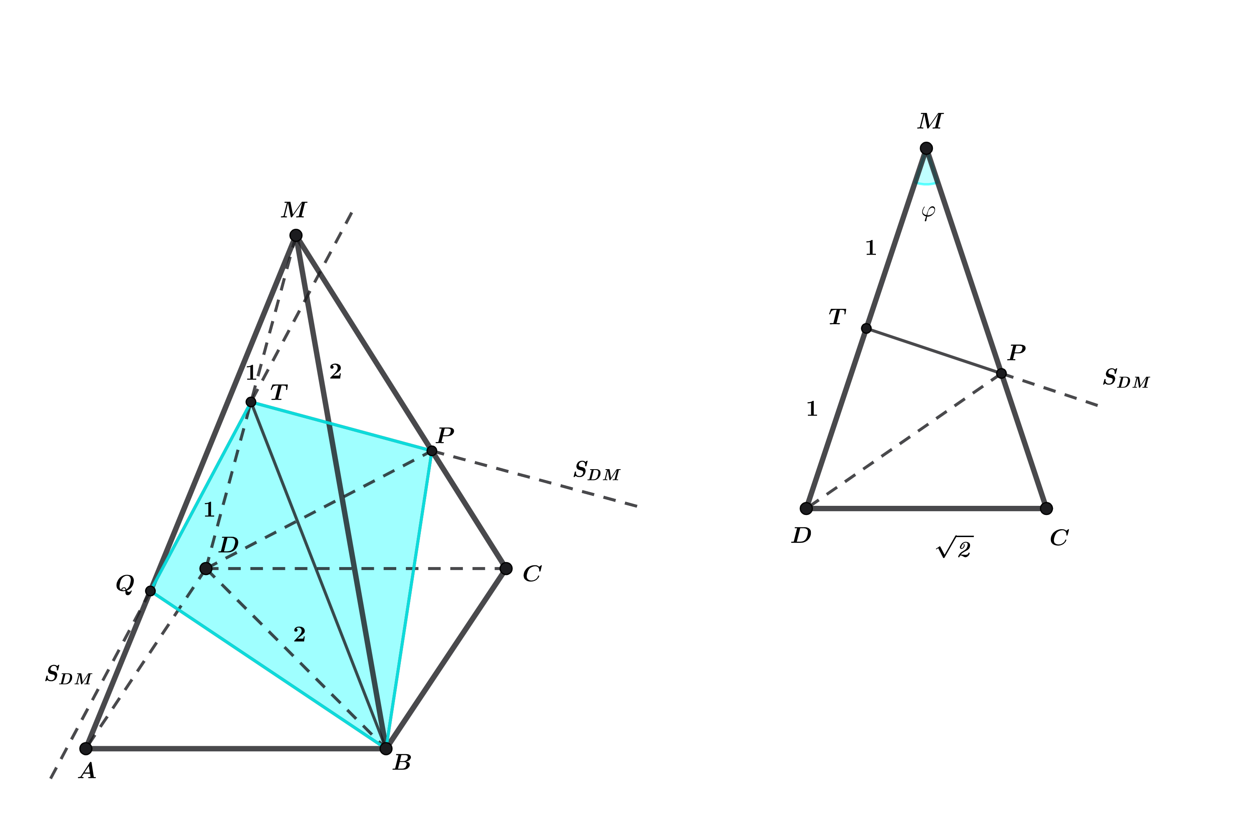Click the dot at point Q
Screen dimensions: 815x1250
tap(150, 591)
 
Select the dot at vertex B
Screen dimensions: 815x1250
tap(385, 748)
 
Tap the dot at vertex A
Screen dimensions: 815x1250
tap(85, 748)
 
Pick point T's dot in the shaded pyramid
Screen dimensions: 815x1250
tap(251, 402)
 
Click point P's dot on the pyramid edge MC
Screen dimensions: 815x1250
tap(432, 450)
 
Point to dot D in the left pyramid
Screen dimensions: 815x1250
tap(206, 568)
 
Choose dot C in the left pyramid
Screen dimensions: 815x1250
tap(506, 568)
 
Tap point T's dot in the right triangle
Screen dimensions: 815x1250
tap(866, 328)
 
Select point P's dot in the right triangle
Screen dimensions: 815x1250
tap(1001, 373)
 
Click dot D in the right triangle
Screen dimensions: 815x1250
tap(806, 508)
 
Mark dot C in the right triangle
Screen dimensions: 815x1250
tap(1046, 508)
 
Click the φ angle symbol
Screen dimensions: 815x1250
tap(928, 212)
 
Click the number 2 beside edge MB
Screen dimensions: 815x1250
tap(335, 372)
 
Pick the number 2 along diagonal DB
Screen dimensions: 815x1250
tap(299, 634)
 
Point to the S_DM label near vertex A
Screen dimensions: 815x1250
tap(68, 675)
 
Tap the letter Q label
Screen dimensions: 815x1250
tap(125, 583)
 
